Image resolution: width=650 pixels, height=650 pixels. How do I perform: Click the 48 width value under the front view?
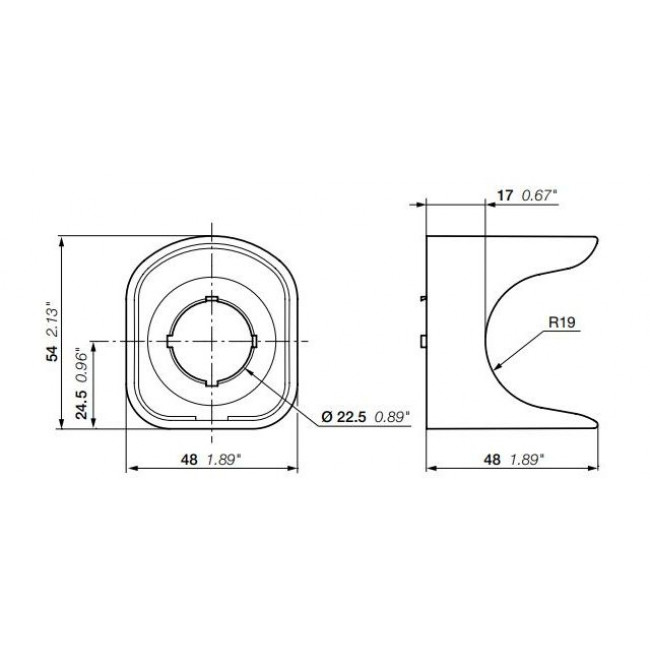[x=187, y=459]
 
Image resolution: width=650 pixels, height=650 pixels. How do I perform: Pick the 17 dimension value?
[x=505, y=197]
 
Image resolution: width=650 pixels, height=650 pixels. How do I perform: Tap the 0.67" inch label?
[x=539, y=197]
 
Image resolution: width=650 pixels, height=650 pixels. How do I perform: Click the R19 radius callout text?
[x=562, y=323]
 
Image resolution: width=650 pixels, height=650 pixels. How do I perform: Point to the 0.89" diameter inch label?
[x=391, y=418]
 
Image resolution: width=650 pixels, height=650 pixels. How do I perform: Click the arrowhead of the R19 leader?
[x=497, y=367]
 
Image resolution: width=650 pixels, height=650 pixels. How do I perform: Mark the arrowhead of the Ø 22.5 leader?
[x=245, y=367]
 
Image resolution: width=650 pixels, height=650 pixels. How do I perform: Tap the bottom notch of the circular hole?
[x=211, y=383]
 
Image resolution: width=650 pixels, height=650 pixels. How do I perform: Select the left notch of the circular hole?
[x=169, y=341]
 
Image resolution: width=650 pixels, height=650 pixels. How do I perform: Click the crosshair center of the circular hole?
[x=211, y=341]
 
